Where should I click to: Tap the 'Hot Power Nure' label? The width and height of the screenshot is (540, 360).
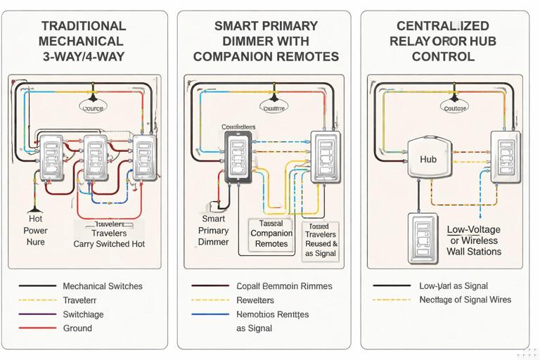pyautogui.click(x=35, y=231)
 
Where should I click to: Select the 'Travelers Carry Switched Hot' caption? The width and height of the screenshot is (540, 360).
pyautogui.click(x=109, y=234)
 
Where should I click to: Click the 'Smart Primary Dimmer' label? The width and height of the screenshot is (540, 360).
pyautogui.click(x=213, y=231)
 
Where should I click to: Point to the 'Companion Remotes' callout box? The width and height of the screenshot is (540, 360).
pyautogui.click(x=271, y=233)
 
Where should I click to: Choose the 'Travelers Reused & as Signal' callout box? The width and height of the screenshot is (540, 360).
pyautogui.click(x=320, y=239)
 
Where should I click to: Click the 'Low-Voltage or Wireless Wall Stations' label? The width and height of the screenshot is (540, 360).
pyautogui.click(x=474, y=240)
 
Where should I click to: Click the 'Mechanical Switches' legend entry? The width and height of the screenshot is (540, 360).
pyautogui.click(x=102, y=286)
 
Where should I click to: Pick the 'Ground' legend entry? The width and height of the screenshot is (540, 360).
pyautogui.click(x=77, y=328)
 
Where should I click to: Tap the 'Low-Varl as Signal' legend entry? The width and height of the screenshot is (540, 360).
pyautogui.click(x=453, y=286)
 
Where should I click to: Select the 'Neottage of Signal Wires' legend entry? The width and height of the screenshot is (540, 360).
pyautogui.click(x=465, y=300)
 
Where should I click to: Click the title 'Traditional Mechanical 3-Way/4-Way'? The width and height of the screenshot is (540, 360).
pyautogui.click(x=83, y=41)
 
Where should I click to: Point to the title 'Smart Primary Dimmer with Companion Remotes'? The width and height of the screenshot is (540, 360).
pyautogui.click(x=266, y=41)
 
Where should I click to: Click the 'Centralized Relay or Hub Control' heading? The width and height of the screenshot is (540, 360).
pyautogui.click(x=443, y=41)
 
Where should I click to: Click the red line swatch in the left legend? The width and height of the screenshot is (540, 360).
pyautogui.click(x=37, y=328)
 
